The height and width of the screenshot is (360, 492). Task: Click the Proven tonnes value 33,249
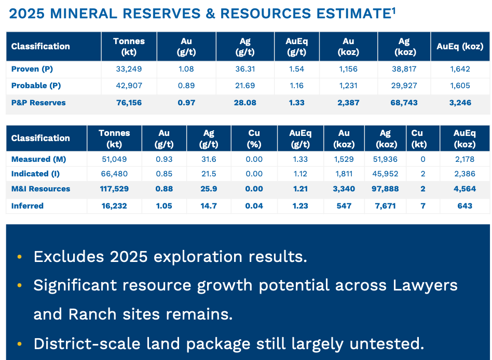pyautogui.click(x=129, y=69)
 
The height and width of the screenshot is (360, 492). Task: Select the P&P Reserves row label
pyautogui.click(x=38, y=103)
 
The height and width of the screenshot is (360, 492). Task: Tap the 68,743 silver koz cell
pyautogui.click(x=404, y=103)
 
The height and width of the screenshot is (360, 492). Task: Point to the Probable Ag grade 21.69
pyautogui.click(x=244, y=86)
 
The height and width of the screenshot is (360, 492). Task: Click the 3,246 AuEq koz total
pyautogui.click(x=460, y=103)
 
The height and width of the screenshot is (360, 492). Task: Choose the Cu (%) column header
pyautogui.click(x=254, y=139)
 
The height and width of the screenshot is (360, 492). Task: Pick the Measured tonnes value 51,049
pyautogui.click(x=114, y=159)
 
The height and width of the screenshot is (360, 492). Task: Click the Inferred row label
pyautogui.click(x=28, y=206)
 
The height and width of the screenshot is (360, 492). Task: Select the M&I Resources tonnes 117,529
pyautogui.click(x=114, y=189)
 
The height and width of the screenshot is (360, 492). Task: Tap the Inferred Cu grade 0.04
pyautogui.click(x=254, y=206)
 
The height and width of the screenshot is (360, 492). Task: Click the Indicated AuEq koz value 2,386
pyautogui.click(x=464, y=174)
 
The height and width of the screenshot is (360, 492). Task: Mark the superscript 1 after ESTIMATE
pyautogui.click(x=394, y=10)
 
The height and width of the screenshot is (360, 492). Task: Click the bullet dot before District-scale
pyautogui.click(x=19, y=343)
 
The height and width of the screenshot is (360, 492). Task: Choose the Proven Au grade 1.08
pyautogui.click(x=186, y=69)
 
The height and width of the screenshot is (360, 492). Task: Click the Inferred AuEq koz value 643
pyautogui.click(x=464, y=206)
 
